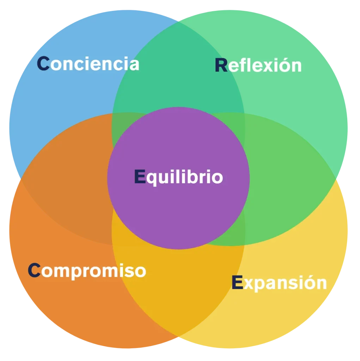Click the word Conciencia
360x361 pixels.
(x=88, y=64)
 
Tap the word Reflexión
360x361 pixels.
(x=258, y=66)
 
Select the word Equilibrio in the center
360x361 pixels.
(x=178, y=177)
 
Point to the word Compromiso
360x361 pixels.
(x=87, y=271)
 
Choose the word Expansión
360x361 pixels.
(x=279, y=283)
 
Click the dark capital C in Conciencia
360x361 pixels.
(x=43, y=64)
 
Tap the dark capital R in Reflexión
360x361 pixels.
(x=221, y=66)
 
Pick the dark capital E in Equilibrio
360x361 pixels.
(x=140, y=177)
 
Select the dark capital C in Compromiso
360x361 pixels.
(x=34, y=270)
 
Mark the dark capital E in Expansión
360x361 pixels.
(x=237, y=282)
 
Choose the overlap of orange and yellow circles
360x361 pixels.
(x=178, y=289)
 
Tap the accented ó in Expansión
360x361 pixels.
(x=309, y=282)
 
